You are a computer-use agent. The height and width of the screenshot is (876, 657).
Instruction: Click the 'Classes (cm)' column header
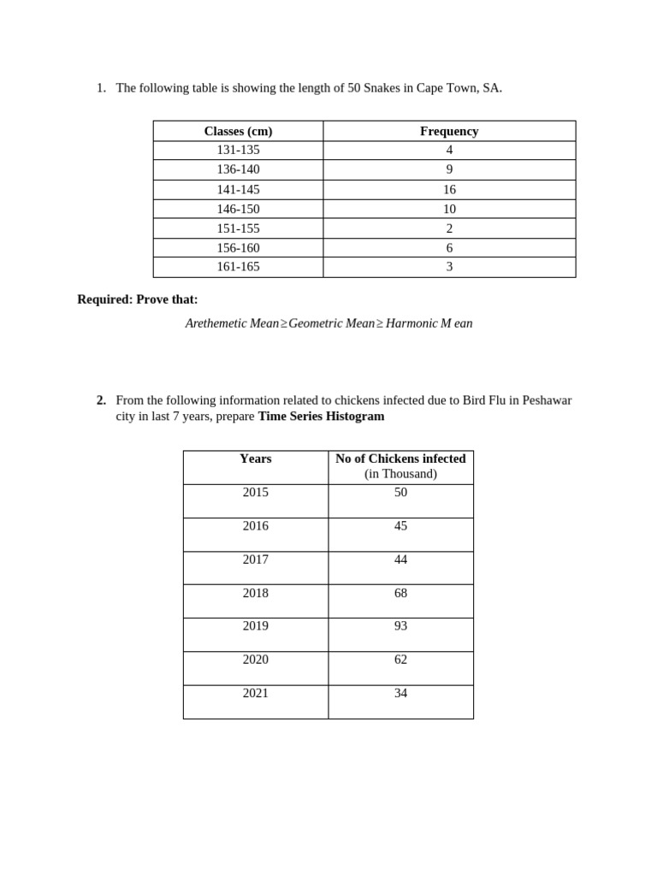(238, 131)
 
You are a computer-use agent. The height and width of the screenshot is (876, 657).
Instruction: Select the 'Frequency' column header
(449, 131)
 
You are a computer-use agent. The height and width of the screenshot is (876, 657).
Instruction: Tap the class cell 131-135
(238, 150)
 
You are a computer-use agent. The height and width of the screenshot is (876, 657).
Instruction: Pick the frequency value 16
(449, 190)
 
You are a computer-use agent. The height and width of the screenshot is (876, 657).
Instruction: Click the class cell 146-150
(238, 209)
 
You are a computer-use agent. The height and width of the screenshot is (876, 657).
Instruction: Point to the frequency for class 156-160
(449, 248)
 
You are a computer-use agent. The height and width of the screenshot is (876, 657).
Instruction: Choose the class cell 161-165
(238, 267)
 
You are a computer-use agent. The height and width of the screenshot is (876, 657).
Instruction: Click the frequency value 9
(449, 169)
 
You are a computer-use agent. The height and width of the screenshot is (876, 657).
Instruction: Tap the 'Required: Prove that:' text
(137, 299)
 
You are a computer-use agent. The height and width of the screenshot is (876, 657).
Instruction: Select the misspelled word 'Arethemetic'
(216, 323)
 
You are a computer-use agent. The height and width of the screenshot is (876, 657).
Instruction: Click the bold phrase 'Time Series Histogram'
(321, 417)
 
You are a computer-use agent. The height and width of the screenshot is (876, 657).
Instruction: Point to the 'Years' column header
(255, 459)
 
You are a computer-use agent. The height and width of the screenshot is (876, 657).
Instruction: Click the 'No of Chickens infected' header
(400, 459)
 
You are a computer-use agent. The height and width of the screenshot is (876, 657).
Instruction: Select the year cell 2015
(255, 493)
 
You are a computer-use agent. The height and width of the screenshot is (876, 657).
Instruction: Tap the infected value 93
(400, 626)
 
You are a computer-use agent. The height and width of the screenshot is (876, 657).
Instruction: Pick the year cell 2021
(255, 693)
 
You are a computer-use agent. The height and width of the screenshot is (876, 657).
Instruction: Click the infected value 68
(400, 593)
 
